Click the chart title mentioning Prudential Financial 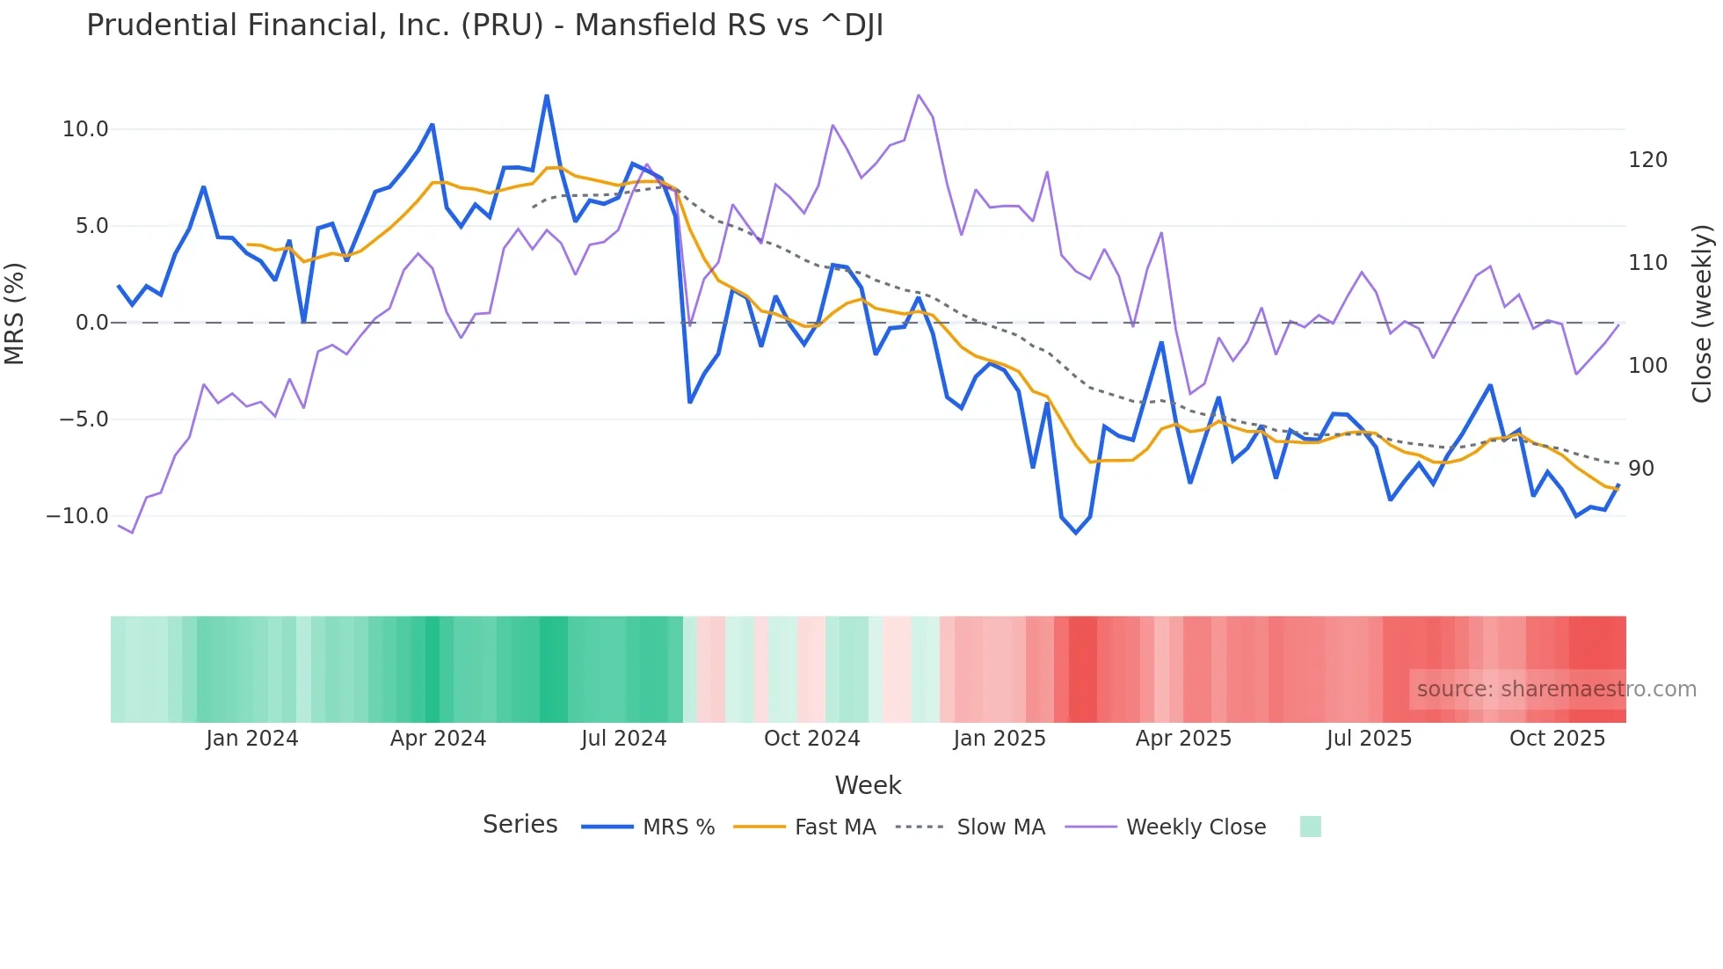[484, 25]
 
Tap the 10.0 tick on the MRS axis [85, 129]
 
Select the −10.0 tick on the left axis [78, 516]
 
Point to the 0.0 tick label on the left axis [92, 323]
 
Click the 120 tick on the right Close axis [1647, 160]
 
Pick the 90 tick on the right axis [1641, 469]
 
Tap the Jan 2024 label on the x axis [252, 739]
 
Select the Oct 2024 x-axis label [811, 739]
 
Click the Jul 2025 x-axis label [1369, 739]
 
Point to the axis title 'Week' [868, 785]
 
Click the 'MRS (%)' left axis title [15, 314]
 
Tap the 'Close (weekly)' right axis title [1703, 314]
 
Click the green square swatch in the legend [1310, 827]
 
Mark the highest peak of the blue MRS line [547, 96]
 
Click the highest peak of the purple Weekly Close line [919, 95]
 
